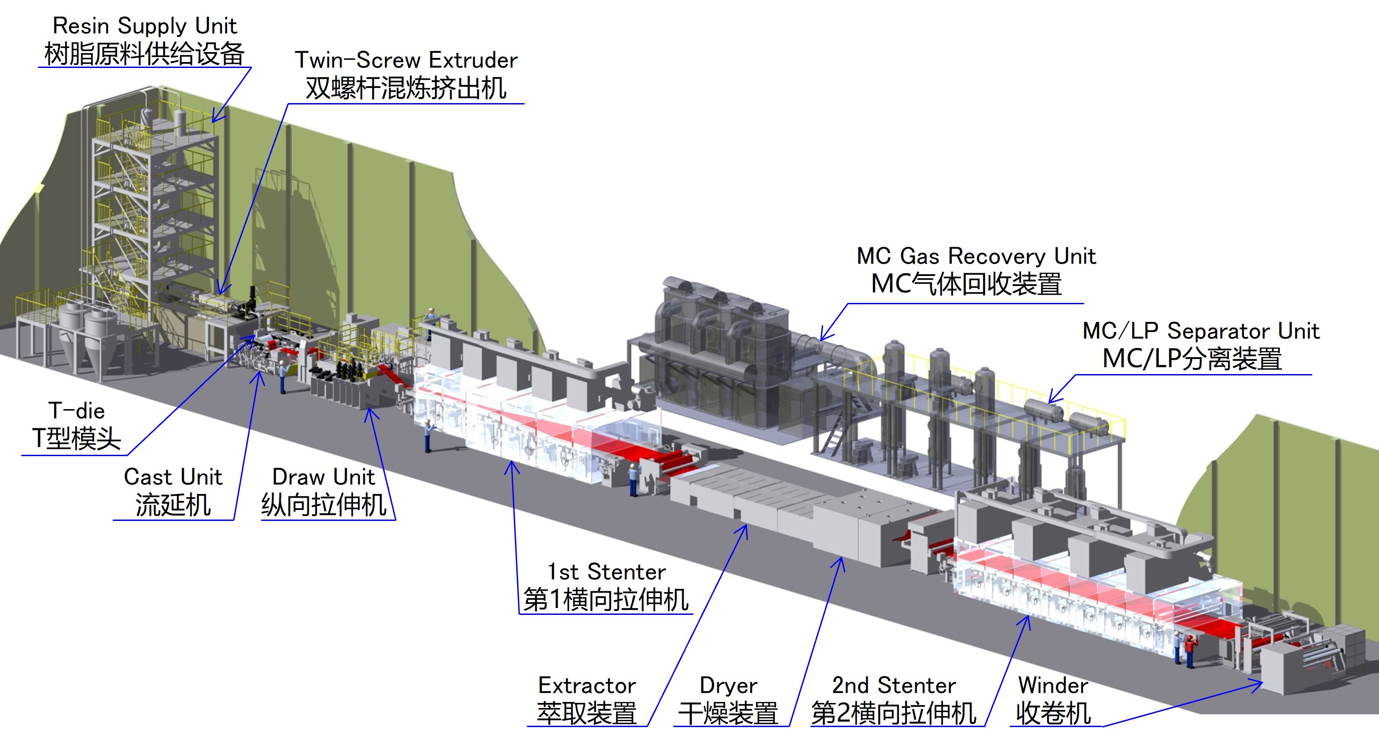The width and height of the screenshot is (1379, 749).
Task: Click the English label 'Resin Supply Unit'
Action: pyautogui.click(x=145, y=26)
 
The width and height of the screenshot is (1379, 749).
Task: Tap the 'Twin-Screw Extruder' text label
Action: pyautogui.click(x=406, y=60)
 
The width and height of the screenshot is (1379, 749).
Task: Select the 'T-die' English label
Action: pyautogui.click(x=77, y=411)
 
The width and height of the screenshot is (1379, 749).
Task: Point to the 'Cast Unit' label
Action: pyautogui.click(x=173, y=477)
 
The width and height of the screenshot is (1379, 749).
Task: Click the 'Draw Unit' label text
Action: pyautogui.click(x=323, y=477)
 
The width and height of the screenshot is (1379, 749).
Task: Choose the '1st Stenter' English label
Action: pyautogui.click(x=607, y=572)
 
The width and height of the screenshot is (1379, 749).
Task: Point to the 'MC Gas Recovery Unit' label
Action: pyautogui.click(x=976, y=256)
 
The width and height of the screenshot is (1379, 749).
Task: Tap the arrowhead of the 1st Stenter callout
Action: pyautogui.click(x=512, y=465)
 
